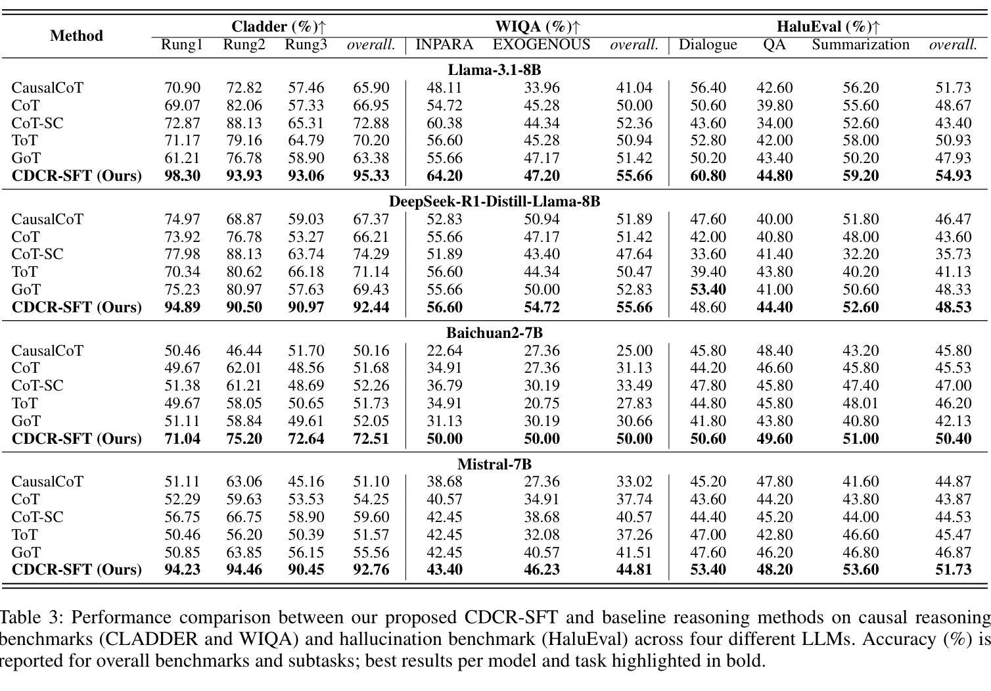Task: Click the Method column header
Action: click(x=76, y=36)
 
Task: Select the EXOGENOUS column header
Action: click(x=542, y=44)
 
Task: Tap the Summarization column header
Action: click(x=860, y=44)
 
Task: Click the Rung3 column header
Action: click(x=306, y=44)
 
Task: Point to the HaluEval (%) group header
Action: click(x=828, y=26)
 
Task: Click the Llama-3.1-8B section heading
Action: click(x=494, y=70)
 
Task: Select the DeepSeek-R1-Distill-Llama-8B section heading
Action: click(x=494, y=201)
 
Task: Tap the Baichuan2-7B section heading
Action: click(x=494, y=333)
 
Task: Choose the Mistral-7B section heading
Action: click(x=494, y=464)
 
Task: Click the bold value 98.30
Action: click(x=182, y=176)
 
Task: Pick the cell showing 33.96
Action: click(x=542, y=87)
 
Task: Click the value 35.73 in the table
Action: click(x=953, y=254)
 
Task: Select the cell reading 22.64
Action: click(x=444, y=350)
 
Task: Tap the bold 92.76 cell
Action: click(x=371, y=569)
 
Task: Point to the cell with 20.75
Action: click(x=542, y=403)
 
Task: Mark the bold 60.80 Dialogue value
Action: click(x=708, y=176)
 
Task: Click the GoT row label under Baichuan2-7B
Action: click(x=26, y=421)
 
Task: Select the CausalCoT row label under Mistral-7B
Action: click(x=47, y=482)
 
